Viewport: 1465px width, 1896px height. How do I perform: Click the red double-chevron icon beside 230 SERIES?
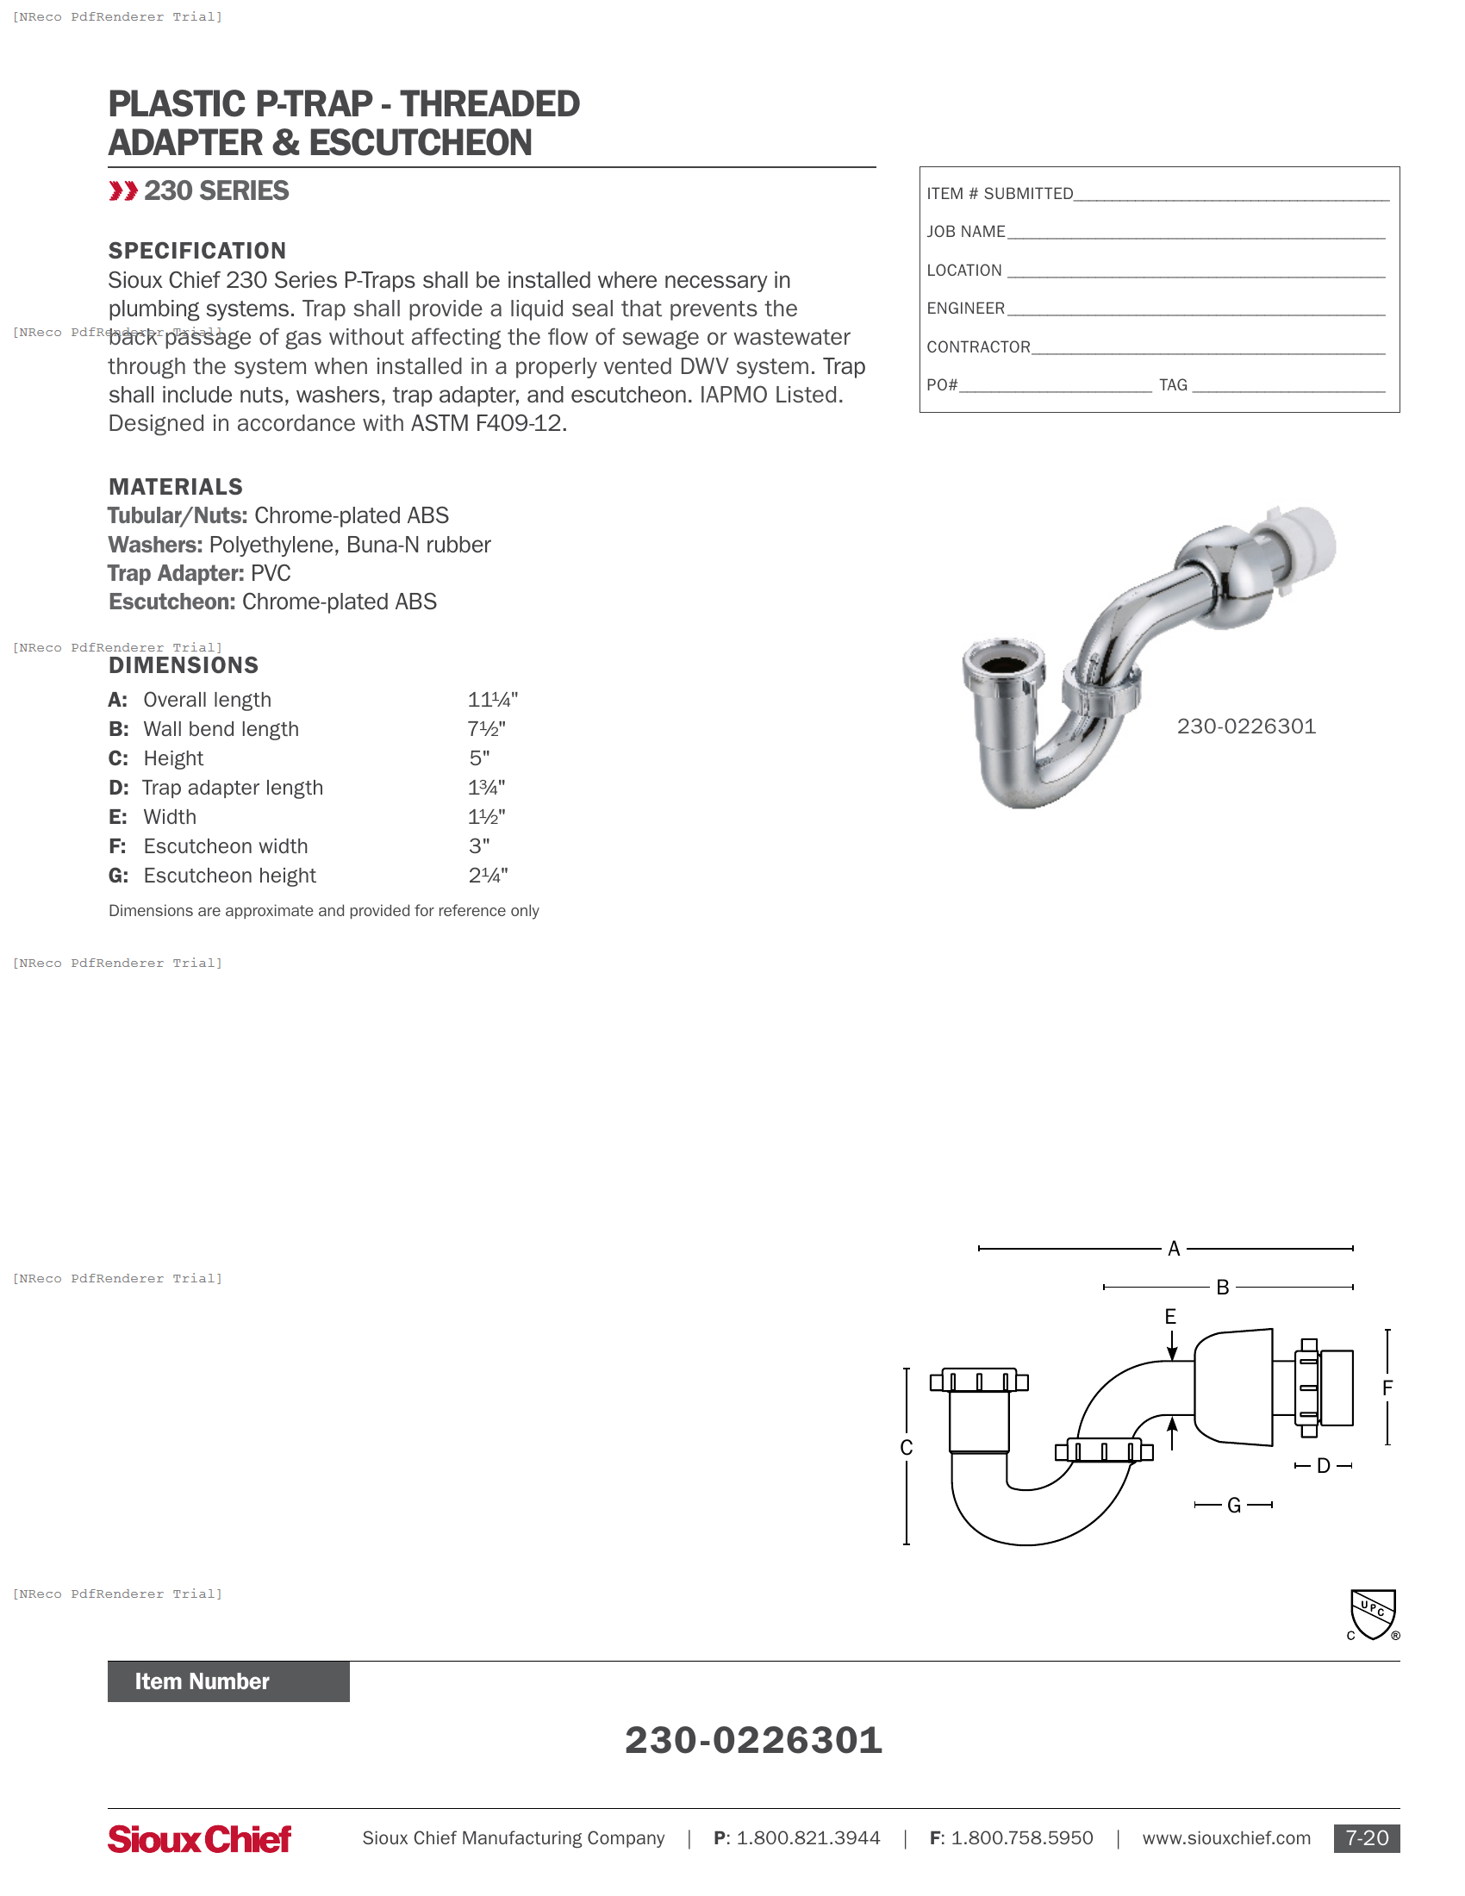[x=123, y=191]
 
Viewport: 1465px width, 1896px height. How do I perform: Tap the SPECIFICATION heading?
[x=197, y=251]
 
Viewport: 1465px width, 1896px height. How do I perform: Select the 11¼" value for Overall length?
[x=492, y=700]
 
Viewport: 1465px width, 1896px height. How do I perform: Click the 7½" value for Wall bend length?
[x=486, y=729]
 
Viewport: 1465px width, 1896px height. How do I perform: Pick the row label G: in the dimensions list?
[x=118, y=876]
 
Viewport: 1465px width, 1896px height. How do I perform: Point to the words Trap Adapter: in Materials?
[x=175, y=574]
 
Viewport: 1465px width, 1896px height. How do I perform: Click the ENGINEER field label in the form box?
[x=965, y=309]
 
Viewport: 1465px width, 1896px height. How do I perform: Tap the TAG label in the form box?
[x=1173, y=385]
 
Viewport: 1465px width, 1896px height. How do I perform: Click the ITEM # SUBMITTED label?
[x=999, y=195]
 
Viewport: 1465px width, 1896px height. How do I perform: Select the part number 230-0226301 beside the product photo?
[x=1245, y=727]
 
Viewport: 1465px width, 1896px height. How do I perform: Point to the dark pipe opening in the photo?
[x=1003, y=665]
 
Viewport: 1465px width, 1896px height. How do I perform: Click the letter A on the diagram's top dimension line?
[x=1174, y=1250]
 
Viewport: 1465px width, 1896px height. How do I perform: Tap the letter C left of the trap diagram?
[x=906, y=1448]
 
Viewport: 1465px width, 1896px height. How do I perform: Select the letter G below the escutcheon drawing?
[x=1233, y=1506]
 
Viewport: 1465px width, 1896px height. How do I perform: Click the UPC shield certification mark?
[x=1373, y=1614]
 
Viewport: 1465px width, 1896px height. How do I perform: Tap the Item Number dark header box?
[x=228, y=1681]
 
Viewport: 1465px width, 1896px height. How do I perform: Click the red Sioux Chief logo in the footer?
[x=199, y=1839]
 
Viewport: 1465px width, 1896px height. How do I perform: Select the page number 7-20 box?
[x=1366, y=1839]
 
